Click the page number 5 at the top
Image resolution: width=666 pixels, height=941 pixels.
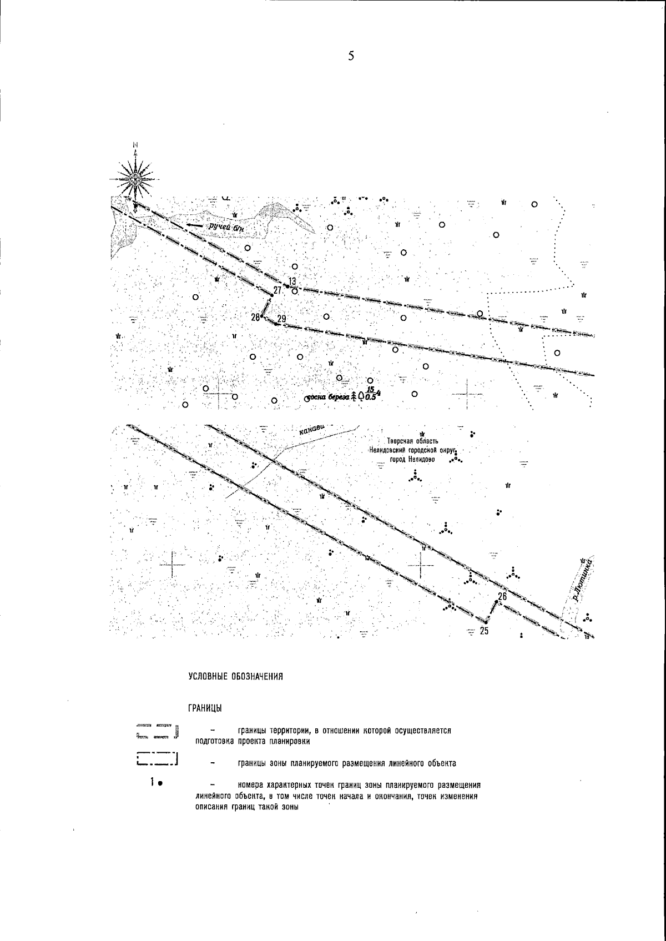point(350,56)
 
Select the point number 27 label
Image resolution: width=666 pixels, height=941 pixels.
point(277,289)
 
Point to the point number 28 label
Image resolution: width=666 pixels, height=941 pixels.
point(255,317)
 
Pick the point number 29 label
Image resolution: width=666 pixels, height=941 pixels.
point(281,318)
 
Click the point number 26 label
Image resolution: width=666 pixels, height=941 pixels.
point(502,596)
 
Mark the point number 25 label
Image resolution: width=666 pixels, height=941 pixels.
point(484,631)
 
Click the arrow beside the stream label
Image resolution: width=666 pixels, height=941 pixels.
point(194,225)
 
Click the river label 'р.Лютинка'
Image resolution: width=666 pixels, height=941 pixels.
point(583,580)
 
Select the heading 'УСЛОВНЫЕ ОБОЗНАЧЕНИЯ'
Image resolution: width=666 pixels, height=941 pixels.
point(236,676)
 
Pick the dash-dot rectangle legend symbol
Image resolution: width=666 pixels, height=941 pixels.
point(156,759)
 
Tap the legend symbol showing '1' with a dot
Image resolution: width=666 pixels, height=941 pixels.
point(155,783)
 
